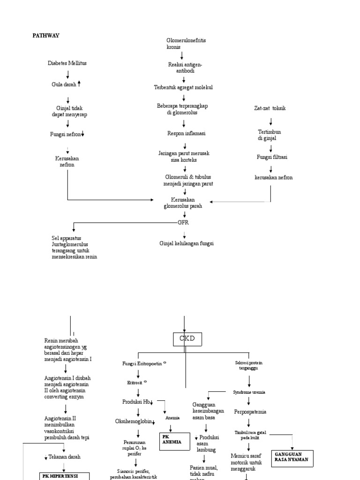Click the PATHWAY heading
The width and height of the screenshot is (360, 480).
[x=45, y=36]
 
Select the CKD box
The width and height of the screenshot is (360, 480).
[x=187, y=338]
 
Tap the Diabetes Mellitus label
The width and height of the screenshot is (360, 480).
[x=67, y=63]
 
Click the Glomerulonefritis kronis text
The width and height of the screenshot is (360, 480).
[x=186, y=44]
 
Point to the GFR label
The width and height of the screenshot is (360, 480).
[x=183, y=223]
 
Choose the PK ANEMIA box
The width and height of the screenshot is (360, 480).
[x=175, y=441]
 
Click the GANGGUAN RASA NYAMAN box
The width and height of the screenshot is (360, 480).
[x=292, y=457]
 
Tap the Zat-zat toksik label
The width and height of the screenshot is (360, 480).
[x=270, y=108]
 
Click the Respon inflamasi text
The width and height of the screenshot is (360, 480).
[x=186, y=134]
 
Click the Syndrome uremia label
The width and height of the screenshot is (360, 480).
[x=248, y=392]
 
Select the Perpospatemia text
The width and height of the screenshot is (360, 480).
[x=250, y=412]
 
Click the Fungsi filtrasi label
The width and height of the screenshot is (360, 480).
[x=271, y=157]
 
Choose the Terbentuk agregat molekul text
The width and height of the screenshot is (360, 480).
[x=183, y=88]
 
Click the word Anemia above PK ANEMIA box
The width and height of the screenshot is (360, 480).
[x=172, y=417]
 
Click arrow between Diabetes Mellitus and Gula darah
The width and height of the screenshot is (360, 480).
[x=68, y=74]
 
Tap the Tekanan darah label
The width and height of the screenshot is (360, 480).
[x=64, y=457]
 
